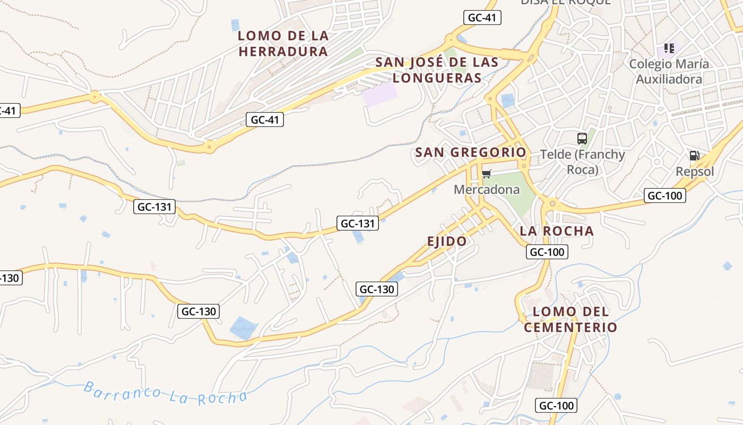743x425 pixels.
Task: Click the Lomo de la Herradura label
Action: click(283, 44)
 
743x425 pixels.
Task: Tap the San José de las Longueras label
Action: click(437, 70)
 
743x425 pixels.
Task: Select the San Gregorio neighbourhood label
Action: click(471, 152)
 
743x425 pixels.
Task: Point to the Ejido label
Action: click(447, 241)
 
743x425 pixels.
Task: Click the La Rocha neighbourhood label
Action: click(557, 231)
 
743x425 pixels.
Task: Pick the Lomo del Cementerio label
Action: click(571, 319)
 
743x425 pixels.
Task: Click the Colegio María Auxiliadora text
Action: click(669, 72)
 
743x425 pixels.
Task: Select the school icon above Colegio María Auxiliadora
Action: click(669, 48)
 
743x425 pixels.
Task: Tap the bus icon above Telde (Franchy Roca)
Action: click(582, 139)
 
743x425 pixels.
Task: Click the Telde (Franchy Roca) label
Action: click(582, 162)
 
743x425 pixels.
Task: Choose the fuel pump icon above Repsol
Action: click(694, 156)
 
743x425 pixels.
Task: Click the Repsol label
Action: click(695, 172)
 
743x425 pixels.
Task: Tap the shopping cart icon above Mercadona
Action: click(486, 174)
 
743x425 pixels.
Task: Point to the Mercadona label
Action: click(487, 190)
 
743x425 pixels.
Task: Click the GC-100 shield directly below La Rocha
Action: click(547, 252)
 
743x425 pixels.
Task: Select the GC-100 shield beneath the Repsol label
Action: click(665, 195)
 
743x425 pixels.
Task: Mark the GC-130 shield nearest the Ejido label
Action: click(377, 289)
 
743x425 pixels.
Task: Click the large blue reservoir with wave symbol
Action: click(244, 328)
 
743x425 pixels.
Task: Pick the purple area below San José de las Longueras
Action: click(379, 95)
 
